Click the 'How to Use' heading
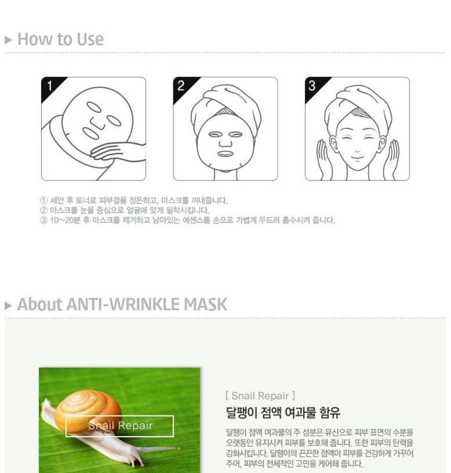60,39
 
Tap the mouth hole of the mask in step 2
225,154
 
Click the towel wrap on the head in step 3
362,100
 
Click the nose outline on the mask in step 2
225,141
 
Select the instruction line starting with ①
134,201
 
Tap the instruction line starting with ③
187,220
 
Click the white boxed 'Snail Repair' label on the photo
120,426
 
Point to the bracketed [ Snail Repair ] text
260,395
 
